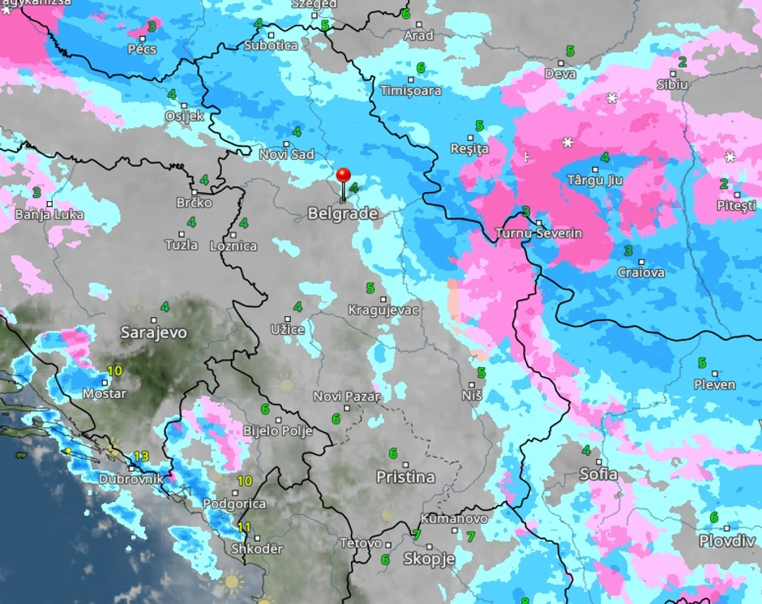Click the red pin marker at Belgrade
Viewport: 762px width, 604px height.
(343, 176)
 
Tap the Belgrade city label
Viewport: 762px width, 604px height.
(342, 214)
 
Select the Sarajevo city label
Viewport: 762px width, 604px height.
(153, 332)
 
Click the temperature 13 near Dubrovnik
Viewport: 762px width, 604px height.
(141, 456)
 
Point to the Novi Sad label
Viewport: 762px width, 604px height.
(286, 154)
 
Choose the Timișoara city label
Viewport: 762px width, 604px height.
(411, 91)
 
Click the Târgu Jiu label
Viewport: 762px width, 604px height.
(594, 180)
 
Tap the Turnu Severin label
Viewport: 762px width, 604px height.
(540, 233)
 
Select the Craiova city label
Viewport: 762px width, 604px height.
(640, 272)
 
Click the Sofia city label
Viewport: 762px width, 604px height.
(598, 474)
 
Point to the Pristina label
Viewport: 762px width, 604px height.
(405, 478)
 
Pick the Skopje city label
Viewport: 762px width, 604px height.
(429, 559)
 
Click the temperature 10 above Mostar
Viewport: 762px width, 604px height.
(114, 371)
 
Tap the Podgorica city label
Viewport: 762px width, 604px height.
(233, 503)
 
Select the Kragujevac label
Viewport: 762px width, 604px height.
(383, 310)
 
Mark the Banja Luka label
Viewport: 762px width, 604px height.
(49, 215)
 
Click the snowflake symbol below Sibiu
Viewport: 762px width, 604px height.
(612, 98)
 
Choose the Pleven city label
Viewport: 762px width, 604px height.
(715, 384)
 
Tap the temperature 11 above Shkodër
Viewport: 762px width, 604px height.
(244, 527)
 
